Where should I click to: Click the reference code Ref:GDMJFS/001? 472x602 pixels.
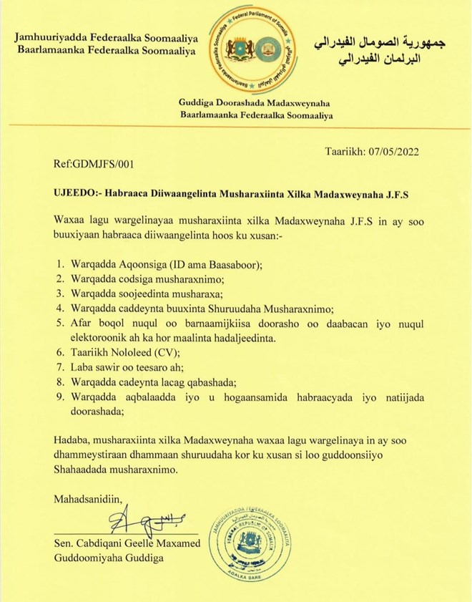[x=93, y=165]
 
